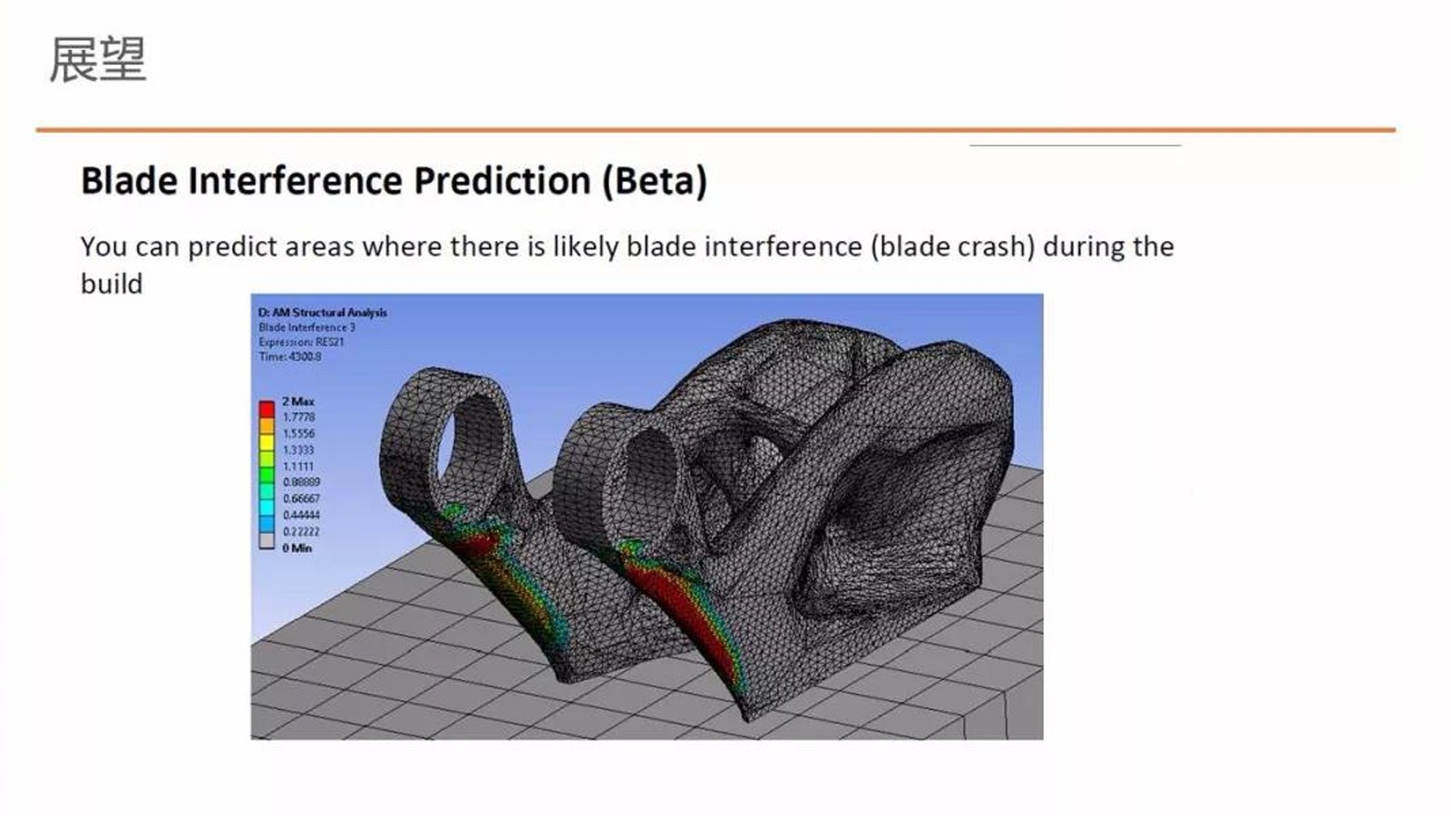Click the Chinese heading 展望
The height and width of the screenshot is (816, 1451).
(x=99, y=60)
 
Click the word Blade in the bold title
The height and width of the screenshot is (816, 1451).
(x=130, y=180)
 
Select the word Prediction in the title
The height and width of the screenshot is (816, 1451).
(x=502, y=180)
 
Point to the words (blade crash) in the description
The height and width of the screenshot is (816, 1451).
(x=953, y=248)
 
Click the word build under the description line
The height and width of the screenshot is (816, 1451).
(x=112, y=284)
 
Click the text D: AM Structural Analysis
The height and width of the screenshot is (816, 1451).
(x=323, y=313)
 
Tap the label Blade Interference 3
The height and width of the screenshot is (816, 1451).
(x=307, y=327)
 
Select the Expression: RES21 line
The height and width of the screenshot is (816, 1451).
(x=301, y=342)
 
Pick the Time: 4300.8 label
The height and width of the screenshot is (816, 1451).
(x=290, y=357)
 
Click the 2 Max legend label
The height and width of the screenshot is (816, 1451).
(x=298, y=402)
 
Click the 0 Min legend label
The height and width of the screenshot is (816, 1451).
(x=297, y=549)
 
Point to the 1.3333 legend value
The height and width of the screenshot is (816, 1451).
(x=298, y=450)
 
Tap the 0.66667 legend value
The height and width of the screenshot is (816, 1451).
(x=301, y=499)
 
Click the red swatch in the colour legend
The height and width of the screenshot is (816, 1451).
(x=267, y=409)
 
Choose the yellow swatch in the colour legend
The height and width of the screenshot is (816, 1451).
(x=267, y=442)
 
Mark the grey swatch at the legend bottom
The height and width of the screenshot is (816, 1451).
(x=267, y=540)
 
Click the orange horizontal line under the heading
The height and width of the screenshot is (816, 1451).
(x=716, y=131)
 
